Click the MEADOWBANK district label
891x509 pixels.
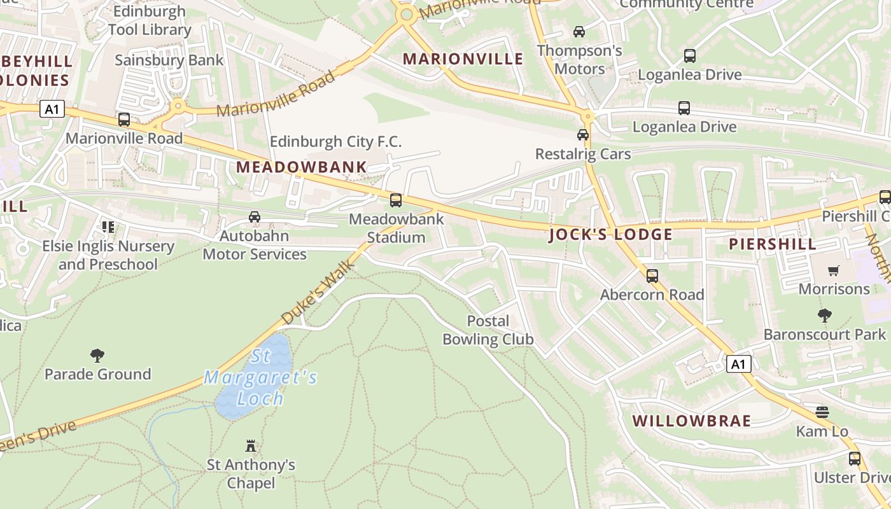[301, 167]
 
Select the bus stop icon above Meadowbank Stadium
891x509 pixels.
[396, 200]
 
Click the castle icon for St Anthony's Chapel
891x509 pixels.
[251, 446]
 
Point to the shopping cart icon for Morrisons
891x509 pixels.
[834, 270]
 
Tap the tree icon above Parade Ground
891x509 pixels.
[97, 355]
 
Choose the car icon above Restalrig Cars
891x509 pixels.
[583, 135]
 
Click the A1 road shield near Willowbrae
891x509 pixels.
[738, 365]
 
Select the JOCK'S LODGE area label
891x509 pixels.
[610, 234]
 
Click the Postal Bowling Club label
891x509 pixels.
[488, 330]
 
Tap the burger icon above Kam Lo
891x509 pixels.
[822, 412]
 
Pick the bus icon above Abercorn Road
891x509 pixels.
[652, 276]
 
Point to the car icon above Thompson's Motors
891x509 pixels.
[579, 31]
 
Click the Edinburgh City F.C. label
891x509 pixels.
[335, 141]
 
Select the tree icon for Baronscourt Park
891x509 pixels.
[825, 315]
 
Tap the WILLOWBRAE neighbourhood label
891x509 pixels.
[692, 421]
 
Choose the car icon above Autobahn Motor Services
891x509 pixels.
[255, 217]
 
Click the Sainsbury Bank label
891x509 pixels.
[169, 60]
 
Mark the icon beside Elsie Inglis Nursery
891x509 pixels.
[108, 227]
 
